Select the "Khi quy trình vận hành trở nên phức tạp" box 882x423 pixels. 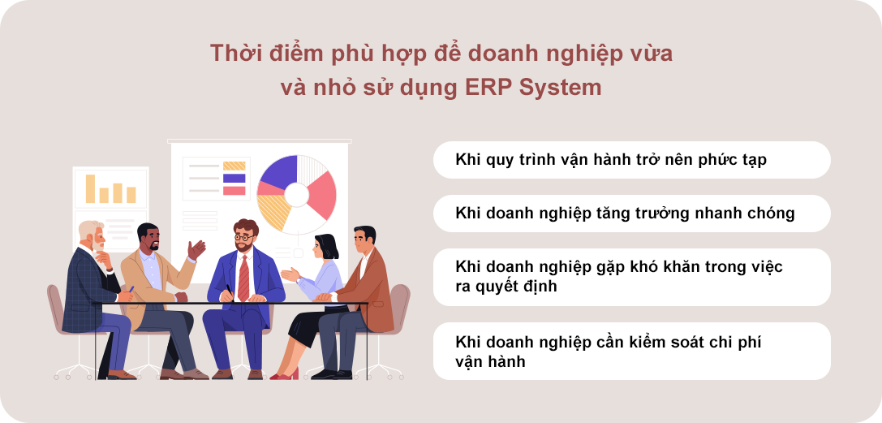(632, 160)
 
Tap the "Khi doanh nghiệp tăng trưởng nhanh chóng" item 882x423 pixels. (632, 214)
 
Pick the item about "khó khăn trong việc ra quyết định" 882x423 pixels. (632, 277)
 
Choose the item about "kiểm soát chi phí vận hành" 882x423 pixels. (632, 351)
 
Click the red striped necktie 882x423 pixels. (243, 278)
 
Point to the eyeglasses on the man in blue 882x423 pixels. (244, 237)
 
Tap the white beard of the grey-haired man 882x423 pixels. (98, 244)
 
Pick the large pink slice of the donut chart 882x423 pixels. (322, 195)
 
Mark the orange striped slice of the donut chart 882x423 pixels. (273, 210)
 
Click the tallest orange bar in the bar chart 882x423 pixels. (90, 188)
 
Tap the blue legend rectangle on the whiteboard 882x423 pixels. (234, 179)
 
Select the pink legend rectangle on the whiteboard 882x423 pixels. (234, 191)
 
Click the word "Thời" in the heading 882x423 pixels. (231, 54)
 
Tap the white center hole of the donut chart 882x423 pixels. (296, 195)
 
